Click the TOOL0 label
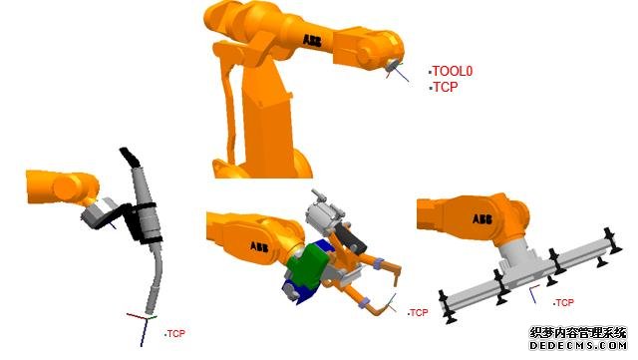click(452, 71)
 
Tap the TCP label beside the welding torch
click(176, 334)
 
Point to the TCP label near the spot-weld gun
click(419, 313)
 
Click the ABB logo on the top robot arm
click(312, 41)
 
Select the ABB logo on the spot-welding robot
click(259, 246)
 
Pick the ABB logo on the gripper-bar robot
click(482, 218)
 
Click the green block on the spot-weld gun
click(306, 263)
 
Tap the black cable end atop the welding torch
click(131, 158)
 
